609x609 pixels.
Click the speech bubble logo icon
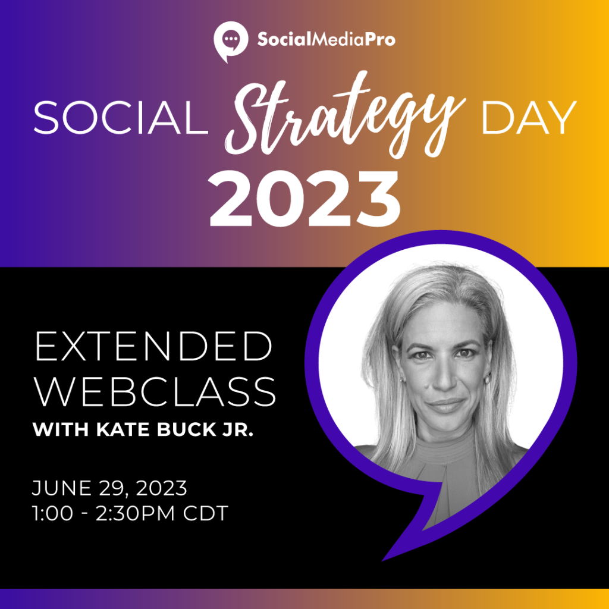(231, 41)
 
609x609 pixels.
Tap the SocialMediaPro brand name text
(327, 39)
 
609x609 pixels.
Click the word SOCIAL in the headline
(121, 117)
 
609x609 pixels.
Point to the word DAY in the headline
(529, 118)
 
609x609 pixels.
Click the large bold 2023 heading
(305, 199)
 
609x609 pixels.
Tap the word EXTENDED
(154, 347)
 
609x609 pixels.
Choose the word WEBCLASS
(155, 391)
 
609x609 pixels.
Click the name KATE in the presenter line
(118, 429)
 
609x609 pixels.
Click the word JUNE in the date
(61, 488)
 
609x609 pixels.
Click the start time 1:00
(52, 514)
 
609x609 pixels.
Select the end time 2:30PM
(136, 514)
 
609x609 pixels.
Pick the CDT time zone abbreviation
(205, 514)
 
